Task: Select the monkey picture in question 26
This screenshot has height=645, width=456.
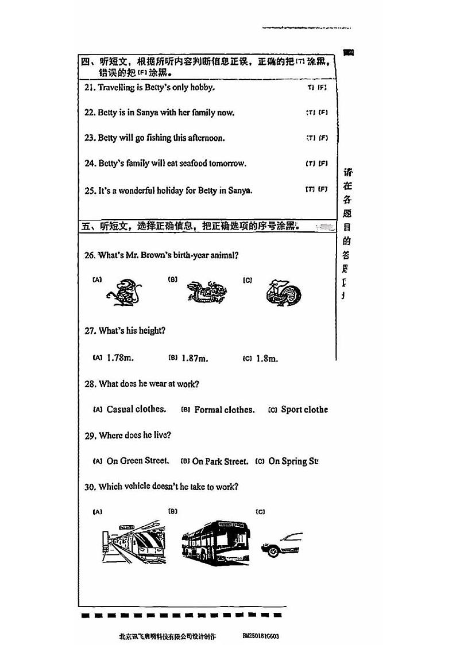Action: [123, 292]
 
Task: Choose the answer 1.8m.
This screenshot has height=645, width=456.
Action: [266, 359]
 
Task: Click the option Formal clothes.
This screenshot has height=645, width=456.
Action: [224, 410]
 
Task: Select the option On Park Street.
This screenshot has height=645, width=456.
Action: [220, 461]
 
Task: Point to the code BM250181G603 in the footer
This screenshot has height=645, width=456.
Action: [261, 636]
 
